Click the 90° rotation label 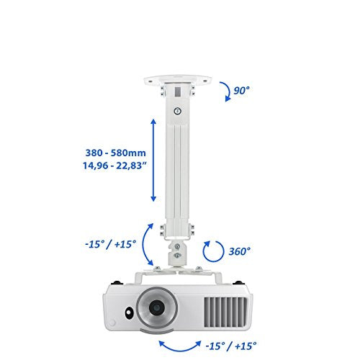click(242, 91)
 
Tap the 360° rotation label click(239, 251)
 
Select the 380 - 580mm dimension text click(116, 153)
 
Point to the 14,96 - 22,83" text click(114, 166)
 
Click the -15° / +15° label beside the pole click(111, 244)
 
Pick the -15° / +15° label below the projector click(231, 346)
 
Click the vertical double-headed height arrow click(153, 160)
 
